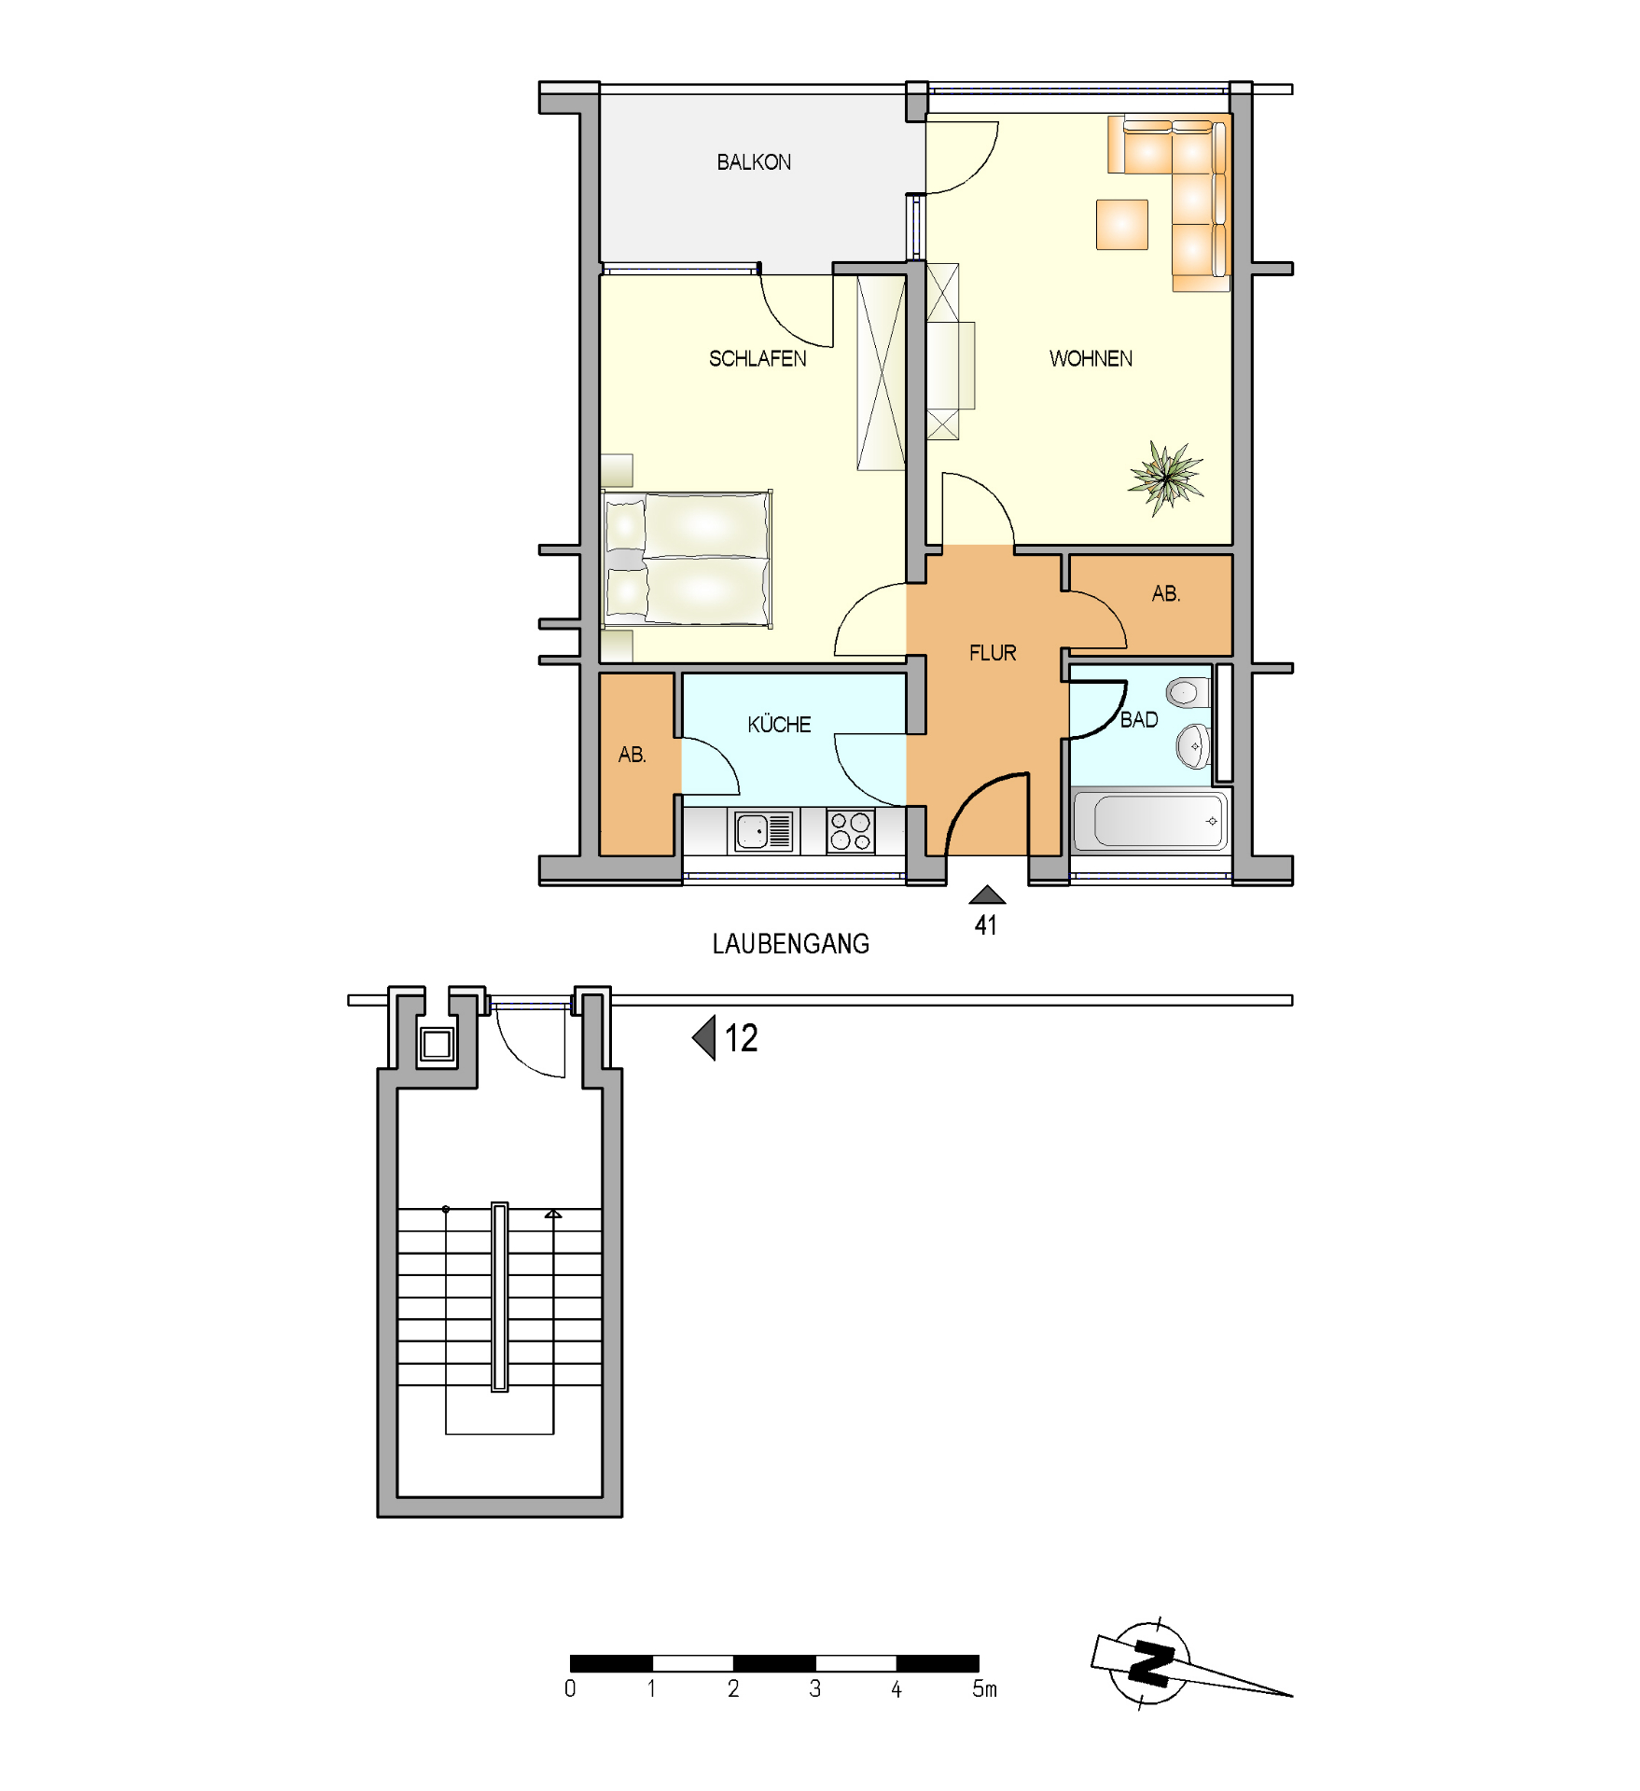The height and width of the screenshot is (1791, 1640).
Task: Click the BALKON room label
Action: tap(754, 162)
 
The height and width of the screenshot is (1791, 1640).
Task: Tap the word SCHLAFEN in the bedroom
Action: tap(757, 359)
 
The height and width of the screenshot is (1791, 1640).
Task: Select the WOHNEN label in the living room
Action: tap(1091, 359)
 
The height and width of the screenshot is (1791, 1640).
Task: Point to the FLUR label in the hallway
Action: tap(993, 653)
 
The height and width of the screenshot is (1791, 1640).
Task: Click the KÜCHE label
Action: tap(779, 724)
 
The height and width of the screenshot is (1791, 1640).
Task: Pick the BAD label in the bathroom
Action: tap(1139, 720)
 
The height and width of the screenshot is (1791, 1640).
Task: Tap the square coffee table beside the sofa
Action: tap(1122, 225)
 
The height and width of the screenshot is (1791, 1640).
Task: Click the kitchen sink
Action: tap(764, 830)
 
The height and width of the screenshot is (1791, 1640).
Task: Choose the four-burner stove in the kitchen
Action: tap(850, 831)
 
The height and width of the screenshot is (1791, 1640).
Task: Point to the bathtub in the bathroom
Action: tap(1150, 821)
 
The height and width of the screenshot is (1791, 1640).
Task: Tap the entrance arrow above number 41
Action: tap(987, 895)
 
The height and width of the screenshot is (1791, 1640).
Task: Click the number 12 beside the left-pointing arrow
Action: tap(742, 1038)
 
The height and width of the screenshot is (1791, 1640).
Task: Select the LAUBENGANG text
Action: tap(791, 944)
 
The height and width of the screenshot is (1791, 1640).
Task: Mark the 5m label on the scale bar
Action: tap(985, 1688)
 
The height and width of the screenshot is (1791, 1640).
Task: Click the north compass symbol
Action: tap(1151, 1662)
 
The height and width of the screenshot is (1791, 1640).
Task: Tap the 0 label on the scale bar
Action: tap(570, 1688)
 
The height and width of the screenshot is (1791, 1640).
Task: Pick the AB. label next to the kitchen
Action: tap(632, 755)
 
